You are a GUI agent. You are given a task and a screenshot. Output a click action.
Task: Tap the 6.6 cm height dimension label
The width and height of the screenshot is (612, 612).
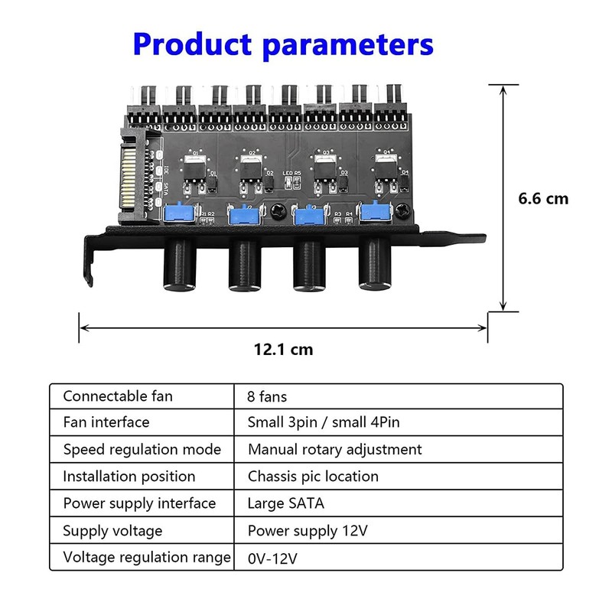click(x=543, y=198)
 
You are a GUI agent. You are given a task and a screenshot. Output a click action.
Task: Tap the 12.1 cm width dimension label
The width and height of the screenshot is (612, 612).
click(x=284, y=350)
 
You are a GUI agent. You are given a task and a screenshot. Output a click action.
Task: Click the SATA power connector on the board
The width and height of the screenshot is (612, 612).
click(x=129, y=176)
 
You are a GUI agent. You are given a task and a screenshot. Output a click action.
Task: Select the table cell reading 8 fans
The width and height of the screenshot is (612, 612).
click(x=267, y=396)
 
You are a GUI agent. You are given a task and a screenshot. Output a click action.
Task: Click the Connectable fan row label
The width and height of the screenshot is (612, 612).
click(x=118, y=396)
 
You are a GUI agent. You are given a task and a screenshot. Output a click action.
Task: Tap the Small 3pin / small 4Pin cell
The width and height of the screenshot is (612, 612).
click(x=324, y=422)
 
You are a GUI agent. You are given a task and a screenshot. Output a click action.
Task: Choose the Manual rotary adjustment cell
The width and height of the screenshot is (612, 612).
click(x=334, y=449)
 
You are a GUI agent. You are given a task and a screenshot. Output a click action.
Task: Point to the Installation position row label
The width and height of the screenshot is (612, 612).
click(x=129, y=476)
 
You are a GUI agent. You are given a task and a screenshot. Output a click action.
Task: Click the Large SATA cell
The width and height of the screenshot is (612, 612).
click(x=285, y=503)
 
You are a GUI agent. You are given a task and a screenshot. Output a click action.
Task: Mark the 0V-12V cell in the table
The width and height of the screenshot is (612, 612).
click(x=272, y=558)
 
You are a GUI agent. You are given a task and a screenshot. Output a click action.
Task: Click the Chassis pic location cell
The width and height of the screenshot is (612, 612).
click(x=313, y=476)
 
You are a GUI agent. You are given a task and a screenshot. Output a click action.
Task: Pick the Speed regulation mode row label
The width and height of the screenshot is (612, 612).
click(x=142, y=449)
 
